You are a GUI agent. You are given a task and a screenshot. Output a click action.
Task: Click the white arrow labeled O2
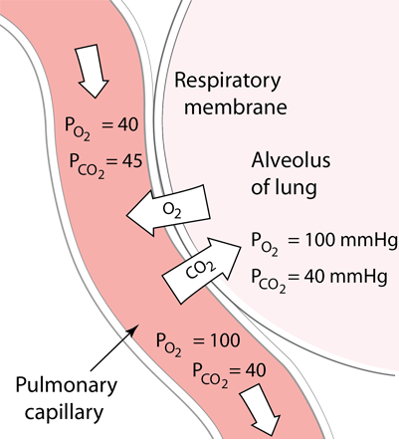point(169,210)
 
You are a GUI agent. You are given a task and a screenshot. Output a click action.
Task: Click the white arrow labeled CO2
point(201,266)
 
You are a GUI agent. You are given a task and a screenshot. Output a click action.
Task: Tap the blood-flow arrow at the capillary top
point(93,71)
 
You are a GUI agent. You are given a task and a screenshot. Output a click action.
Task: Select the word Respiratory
point(228,81)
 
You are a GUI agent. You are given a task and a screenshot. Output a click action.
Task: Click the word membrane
point(236,107)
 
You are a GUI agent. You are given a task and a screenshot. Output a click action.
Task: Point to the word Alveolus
point(291,160)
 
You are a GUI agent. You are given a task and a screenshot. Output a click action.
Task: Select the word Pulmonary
point(67,386)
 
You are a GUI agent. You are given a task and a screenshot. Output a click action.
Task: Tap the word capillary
point(64,413)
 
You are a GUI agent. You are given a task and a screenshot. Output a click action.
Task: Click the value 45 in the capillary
point(131,161)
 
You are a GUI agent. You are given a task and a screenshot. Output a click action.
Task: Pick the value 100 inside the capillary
point(221,340)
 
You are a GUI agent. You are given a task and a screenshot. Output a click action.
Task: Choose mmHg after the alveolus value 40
point(359,278)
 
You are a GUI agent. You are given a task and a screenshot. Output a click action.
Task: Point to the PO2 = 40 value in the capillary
point(101,127)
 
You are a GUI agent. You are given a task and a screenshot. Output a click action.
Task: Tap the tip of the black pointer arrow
point(137,326)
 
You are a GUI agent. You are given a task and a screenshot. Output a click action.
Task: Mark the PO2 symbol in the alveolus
point(265,244)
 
